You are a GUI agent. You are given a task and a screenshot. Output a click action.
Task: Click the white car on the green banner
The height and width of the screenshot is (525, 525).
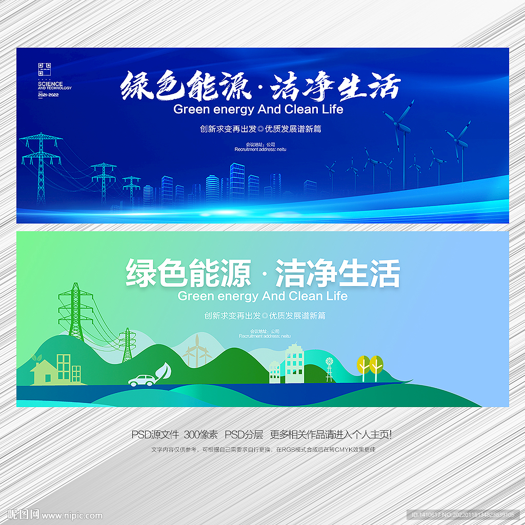tap(142, 380)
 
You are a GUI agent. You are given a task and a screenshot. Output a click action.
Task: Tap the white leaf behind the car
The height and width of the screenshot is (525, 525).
tap(164, 371)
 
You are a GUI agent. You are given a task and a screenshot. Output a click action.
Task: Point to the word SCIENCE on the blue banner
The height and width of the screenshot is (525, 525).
tap(50, 84)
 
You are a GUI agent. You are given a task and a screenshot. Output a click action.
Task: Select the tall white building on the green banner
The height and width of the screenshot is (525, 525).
tap(294, 364)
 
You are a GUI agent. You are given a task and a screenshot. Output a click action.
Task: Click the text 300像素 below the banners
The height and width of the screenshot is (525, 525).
tap(201, 435)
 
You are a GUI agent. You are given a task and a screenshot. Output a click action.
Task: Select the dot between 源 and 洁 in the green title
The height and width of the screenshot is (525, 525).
tap(264, 276)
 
